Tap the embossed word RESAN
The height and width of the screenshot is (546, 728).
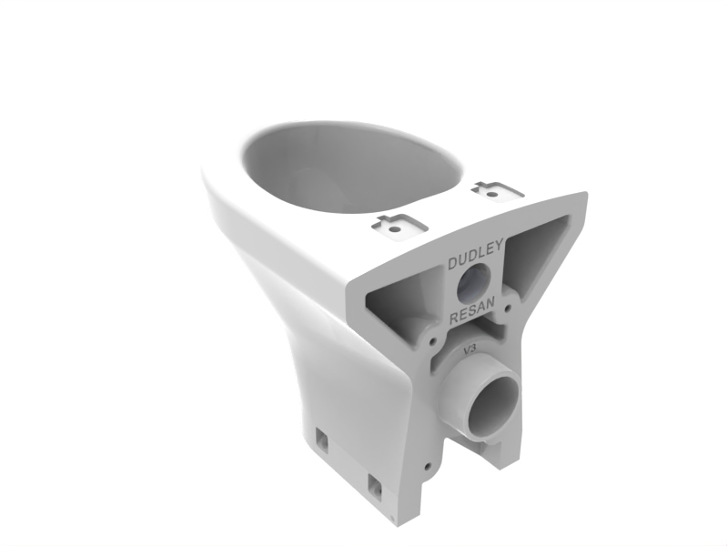pos(473,312)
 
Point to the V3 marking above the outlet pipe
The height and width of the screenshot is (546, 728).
pos(470,349)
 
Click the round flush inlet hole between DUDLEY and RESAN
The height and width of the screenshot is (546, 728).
pos(473,283)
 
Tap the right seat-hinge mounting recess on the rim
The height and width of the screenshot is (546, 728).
pos(497,191)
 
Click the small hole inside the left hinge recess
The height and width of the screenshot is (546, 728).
pos(395,229)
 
